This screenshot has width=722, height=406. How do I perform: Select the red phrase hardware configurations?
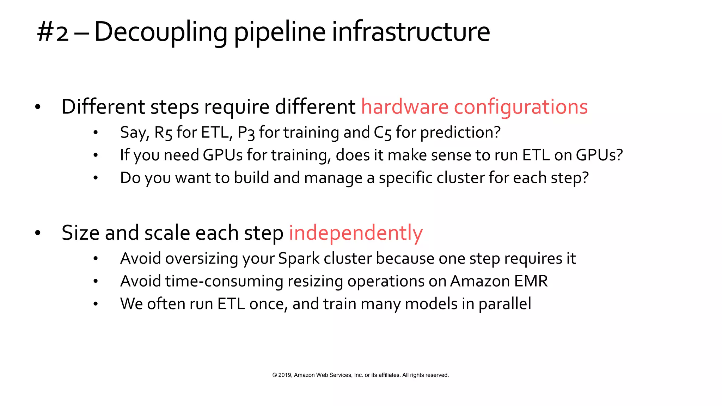point(474,107)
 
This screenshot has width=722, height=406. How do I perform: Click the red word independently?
point(355,233)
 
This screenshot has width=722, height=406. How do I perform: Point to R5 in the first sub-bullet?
point(163,133)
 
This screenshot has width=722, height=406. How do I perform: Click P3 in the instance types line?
point(246,133)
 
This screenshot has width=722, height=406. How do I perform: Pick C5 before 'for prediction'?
point(383,133)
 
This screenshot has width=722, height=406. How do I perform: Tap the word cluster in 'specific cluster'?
point(460,178)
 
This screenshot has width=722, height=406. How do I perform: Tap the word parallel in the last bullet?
point(504,304)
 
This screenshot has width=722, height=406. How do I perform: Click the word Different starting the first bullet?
point(103,107)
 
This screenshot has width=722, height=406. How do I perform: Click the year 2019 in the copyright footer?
point(284,375)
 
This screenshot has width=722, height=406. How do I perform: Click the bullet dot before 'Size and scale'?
point(38,233)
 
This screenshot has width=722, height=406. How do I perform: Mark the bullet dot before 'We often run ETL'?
point(95,304)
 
